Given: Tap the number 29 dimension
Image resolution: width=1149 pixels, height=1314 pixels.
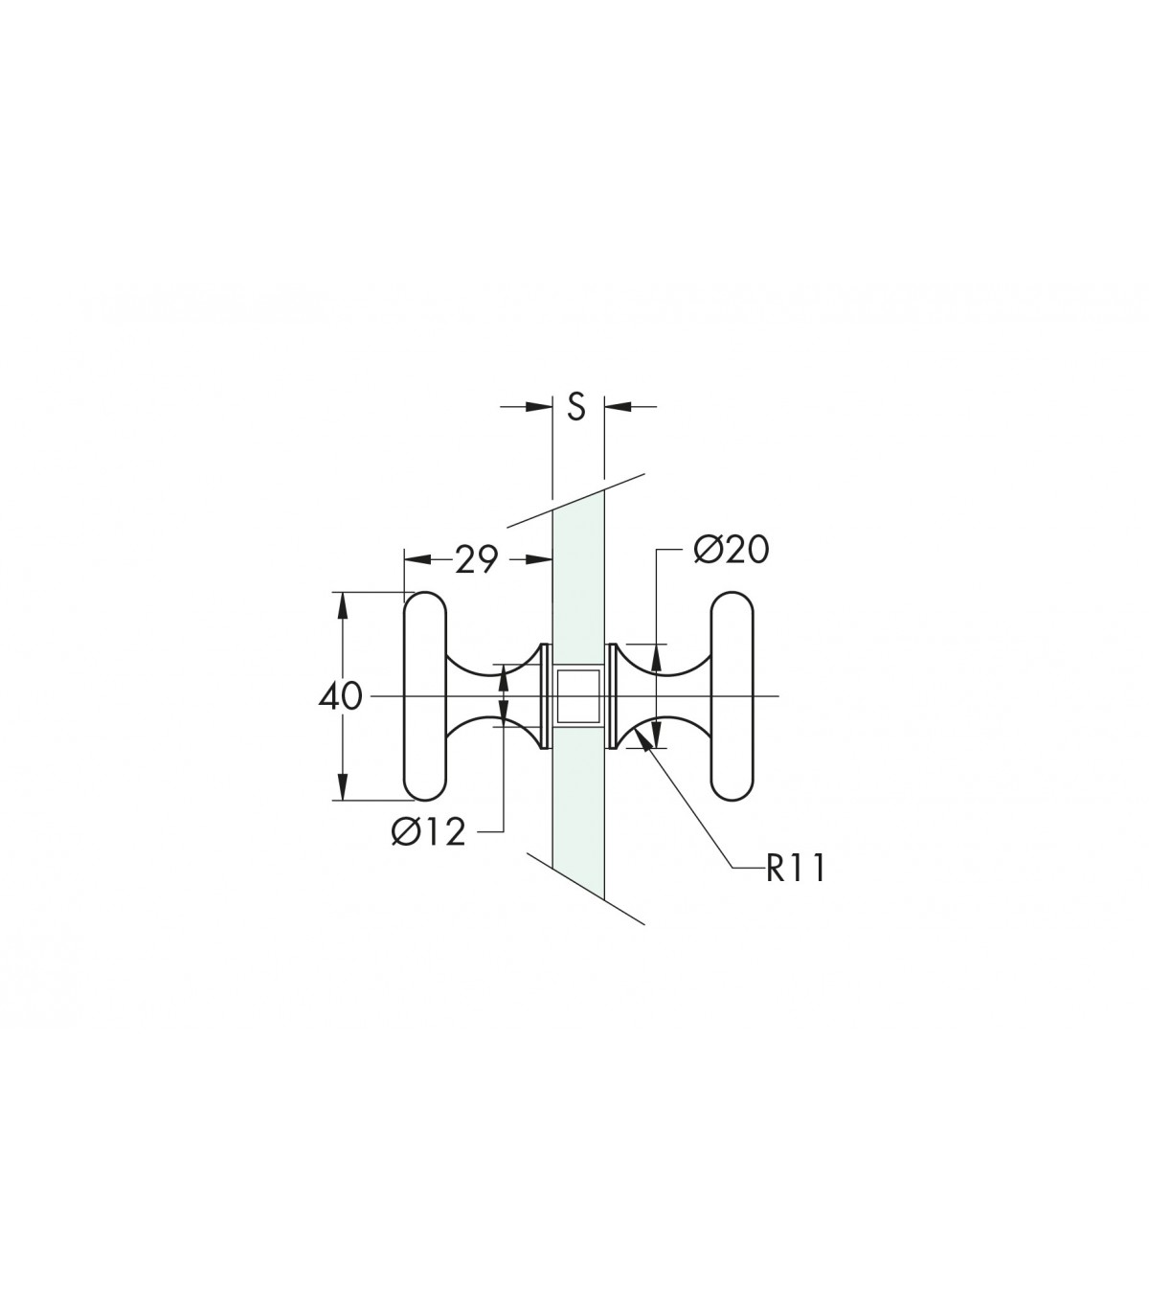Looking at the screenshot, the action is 476,559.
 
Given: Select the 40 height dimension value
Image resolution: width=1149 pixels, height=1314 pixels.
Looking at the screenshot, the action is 340,697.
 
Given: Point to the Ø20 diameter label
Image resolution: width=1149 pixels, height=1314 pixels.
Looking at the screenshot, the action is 732,550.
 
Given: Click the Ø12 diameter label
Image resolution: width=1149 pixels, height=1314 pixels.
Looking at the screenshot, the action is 428,833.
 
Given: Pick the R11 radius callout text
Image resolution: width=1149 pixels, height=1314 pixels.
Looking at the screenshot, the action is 795,869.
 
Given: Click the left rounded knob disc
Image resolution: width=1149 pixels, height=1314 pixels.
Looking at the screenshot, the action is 424,696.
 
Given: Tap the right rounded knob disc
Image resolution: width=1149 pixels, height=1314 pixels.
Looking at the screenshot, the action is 732,696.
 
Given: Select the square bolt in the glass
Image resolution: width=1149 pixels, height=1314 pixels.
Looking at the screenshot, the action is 578,696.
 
